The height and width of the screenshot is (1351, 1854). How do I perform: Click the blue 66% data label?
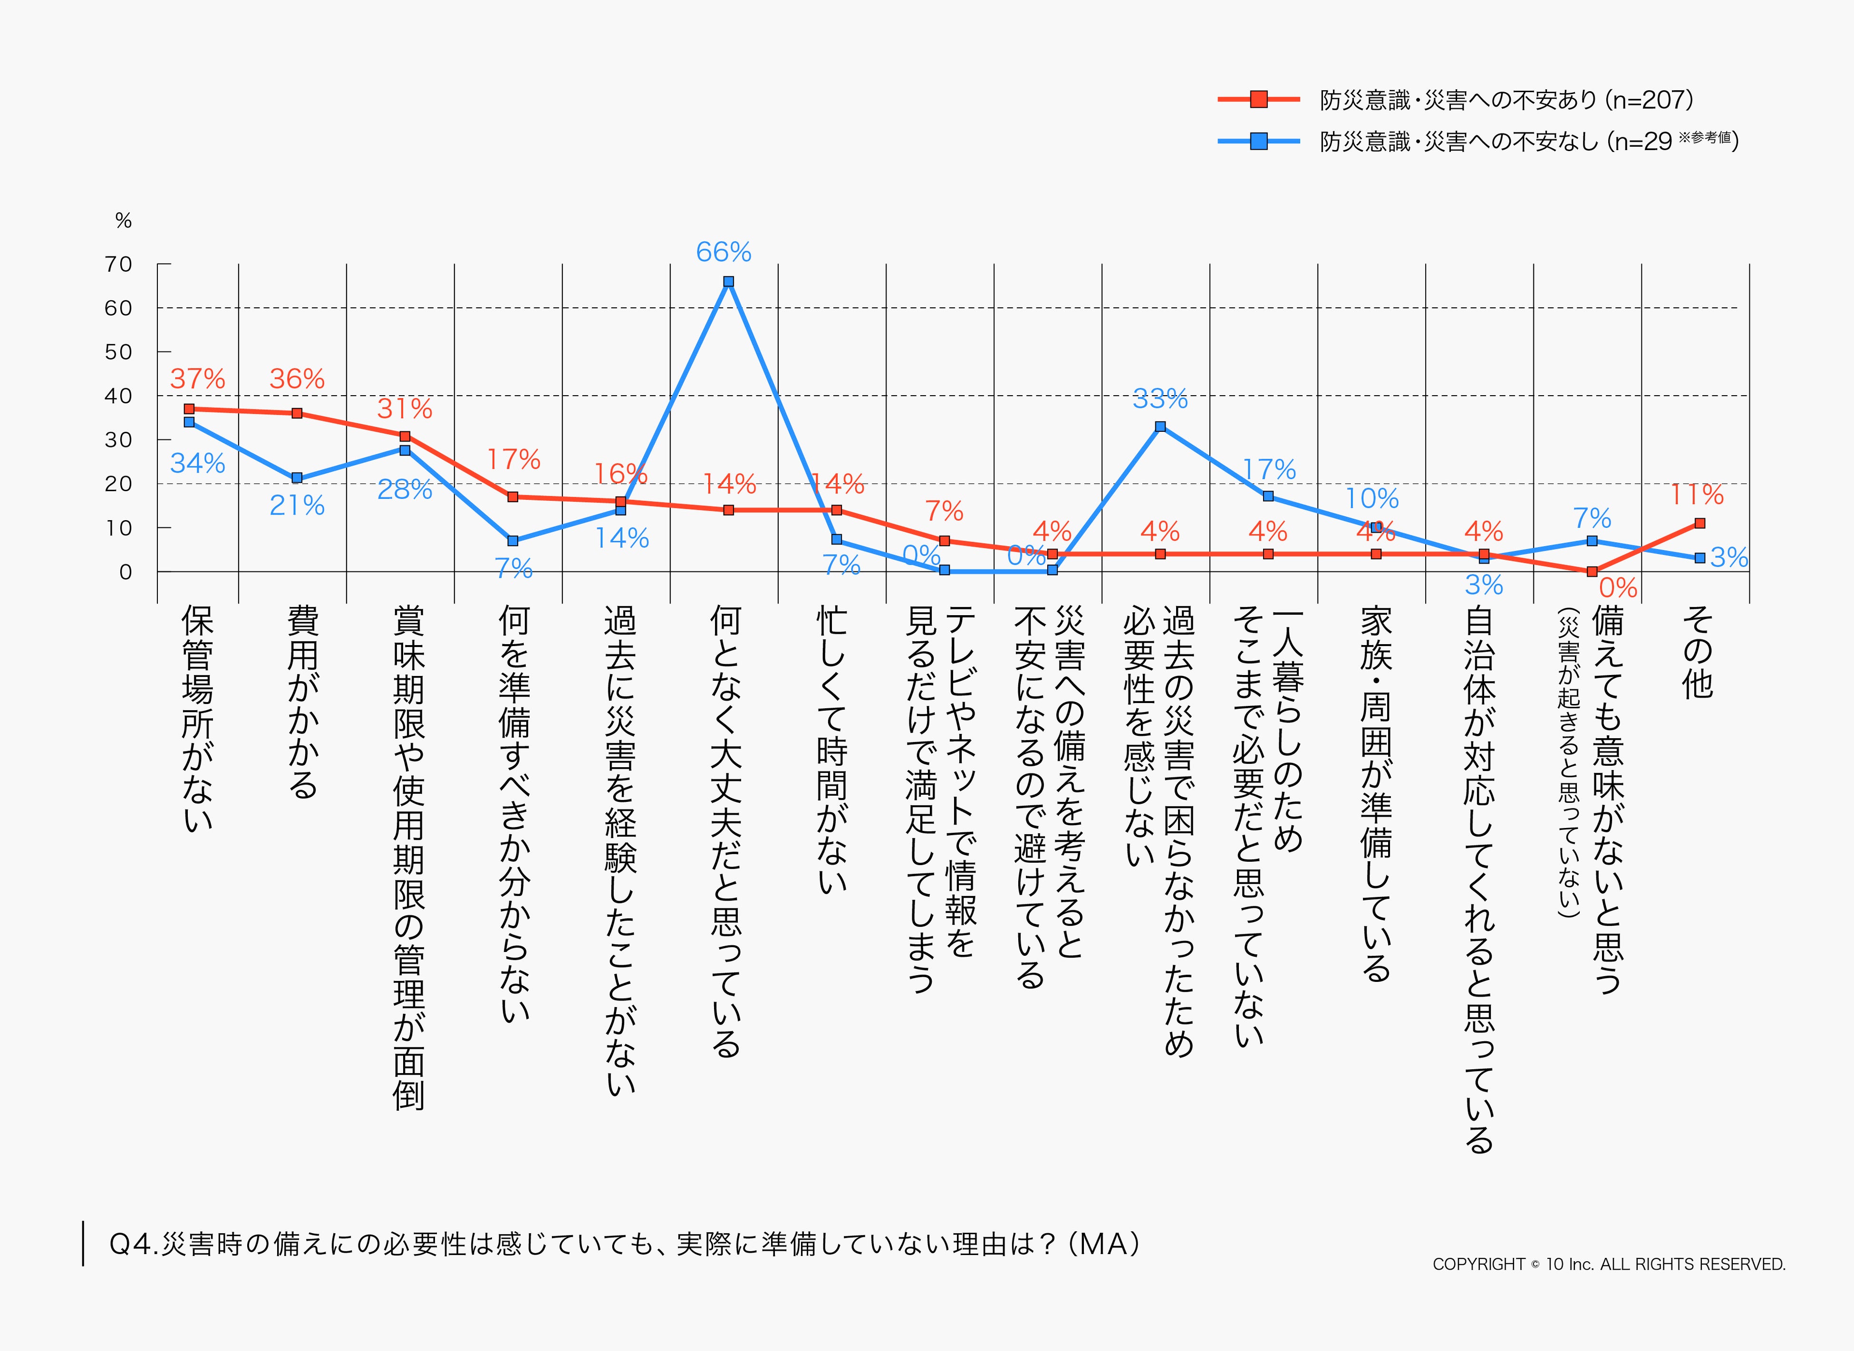pos(723,252)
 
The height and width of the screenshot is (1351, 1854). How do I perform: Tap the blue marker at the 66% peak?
pos(728,281)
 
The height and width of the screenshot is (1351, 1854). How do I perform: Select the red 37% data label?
pos(197,379)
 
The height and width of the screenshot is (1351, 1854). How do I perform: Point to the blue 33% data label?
pos(1159,399)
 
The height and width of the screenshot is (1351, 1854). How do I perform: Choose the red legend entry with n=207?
pos(1506,100)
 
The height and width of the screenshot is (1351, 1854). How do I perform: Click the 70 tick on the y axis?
pos(119,264)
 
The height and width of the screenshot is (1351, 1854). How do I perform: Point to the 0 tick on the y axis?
pos(125,571)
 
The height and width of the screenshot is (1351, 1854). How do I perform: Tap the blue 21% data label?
pos(297,505)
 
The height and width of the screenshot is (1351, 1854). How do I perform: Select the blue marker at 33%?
pos(1160,426)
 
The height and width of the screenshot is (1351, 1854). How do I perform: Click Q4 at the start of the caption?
pos(131,1244)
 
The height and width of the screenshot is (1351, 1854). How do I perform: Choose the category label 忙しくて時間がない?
pos(832,748)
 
